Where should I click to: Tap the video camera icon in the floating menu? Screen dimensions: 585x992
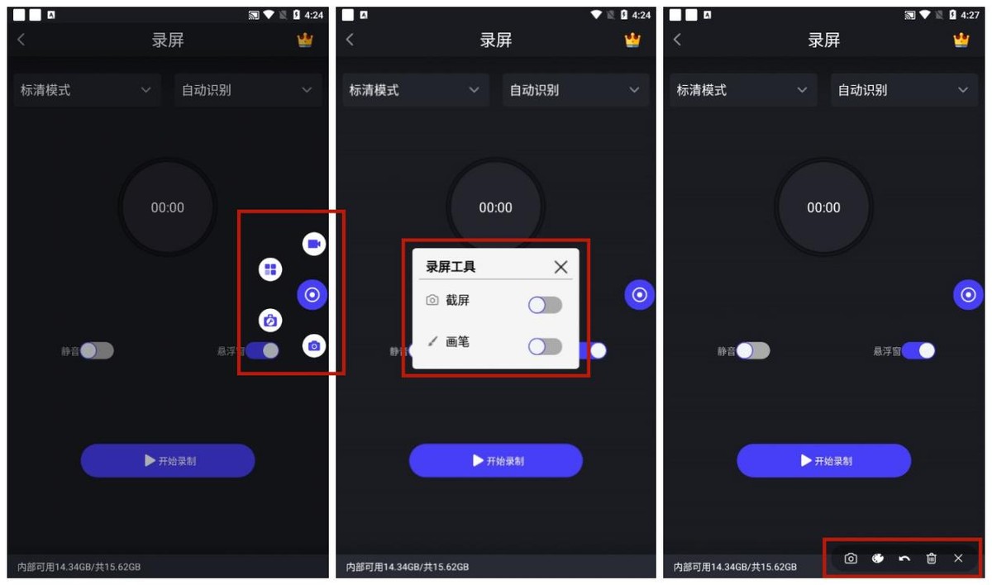tap(314, 244)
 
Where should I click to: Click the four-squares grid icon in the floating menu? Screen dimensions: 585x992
tap(270, 269)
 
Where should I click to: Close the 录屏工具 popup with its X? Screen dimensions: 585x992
tap(560, 267)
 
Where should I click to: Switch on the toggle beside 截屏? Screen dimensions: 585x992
tap(545, 306)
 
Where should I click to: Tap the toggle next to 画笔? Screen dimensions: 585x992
tap(545, 346)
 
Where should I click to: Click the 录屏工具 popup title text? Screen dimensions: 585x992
tap(451, 267)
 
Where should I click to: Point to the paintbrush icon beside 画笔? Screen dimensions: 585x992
tap(432, 340)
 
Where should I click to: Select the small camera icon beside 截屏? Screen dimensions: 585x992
tap(432, 300)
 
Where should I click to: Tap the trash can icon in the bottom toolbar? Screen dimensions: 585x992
tap(932, 559)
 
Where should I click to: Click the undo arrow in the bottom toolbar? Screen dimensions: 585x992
tap(904, 559)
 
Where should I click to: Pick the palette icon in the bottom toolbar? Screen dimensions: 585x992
tap(878, 559)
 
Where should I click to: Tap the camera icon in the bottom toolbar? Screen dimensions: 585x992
tap(851, 559)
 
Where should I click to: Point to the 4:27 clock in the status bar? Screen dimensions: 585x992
tap(970, 15)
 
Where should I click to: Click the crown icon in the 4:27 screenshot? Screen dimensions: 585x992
tap(961, 40)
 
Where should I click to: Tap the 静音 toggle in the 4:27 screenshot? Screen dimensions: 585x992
tap(753, 350)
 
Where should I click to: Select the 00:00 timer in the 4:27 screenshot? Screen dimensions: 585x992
tap(823, 207)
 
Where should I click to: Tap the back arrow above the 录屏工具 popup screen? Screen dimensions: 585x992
tap(350, 40)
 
